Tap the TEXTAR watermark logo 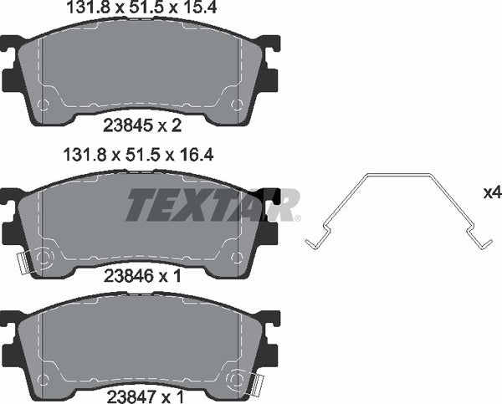(x=213, y=204)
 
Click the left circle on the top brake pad (x=44, y=105)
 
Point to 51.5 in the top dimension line (x=139, y=9)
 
